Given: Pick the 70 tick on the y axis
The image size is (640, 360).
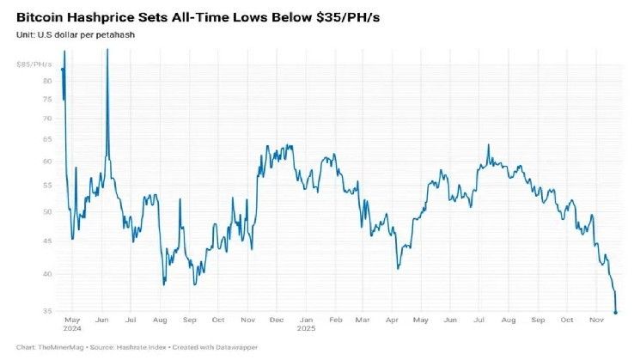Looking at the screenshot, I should [x=46, y=118].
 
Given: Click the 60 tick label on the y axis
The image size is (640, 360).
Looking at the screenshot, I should [x=46, y=162].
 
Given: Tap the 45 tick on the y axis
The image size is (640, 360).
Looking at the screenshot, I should [x=46, y=241].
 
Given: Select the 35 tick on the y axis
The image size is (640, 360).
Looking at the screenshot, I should [x=46, y=311].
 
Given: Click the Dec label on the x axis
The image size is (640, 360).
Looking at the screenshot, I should [x=277, y=320].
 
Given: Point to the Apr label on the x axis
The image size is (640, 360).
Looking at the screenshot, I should [x=393, y=320].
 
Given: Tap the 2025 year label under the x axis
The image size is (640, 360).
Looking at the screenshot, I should [x=307, y=328].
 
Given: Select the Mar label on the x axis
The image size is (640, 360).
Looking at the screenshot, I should [x=363, y=320].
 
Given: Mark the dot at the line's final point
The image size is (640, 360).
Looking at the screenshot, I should [x=615, y=313].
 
